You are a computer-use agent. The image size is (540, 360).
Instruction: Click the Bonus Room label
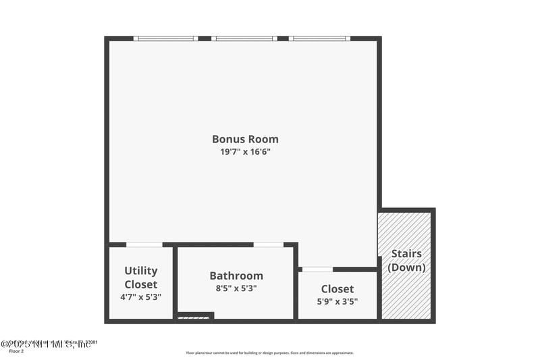tap(245, 139)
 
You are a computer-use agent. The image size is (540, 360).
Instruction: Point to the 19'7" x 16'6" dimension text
tap(245, 152)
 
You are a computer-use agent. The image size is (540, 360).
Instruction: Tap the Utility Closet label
tap(140, 278)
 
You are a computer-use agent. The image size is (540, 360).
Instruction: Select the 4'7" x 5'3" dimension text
tap(140, 297)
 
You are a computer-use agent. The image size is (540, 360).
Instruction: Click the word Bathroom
tap(236, 276)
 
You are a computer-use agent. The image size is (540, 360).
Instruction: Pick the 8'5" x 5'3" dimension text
tap(236, 288)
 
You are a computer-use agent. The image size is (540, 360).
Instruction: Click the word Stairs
tap(406, 254)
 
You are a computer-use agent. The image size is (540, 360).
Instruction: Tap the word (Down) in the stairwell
tap(406, 267)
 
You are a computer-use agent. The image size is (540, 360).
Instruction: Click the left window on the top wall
tap(165, 38)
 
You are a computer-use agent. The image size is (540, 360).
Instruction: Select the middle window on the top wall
tap(244, 38)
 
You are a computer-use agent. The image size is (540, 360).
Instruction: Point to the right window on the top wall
tap(320, 38)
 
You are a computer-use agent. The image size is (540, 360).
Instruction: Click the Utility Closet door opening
tap(144, 245)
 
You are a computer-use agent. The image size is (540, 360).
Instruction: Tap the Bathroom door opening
tap(268, 245)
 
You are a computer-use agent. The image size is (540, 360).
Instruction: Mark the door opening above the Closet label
tap(317, 269)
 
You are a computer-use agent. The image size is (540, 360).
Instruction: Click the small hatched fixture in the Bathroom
tap(193, 317)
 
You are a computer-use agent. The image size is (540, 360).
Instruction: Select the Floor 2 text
tap(16, 351)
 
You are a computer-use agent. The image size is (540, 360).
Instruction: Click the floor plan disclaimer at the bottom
tap(270, 353)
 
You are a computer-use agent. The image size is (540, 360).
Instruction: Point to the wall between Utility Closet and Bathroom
tap(175, 282)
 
